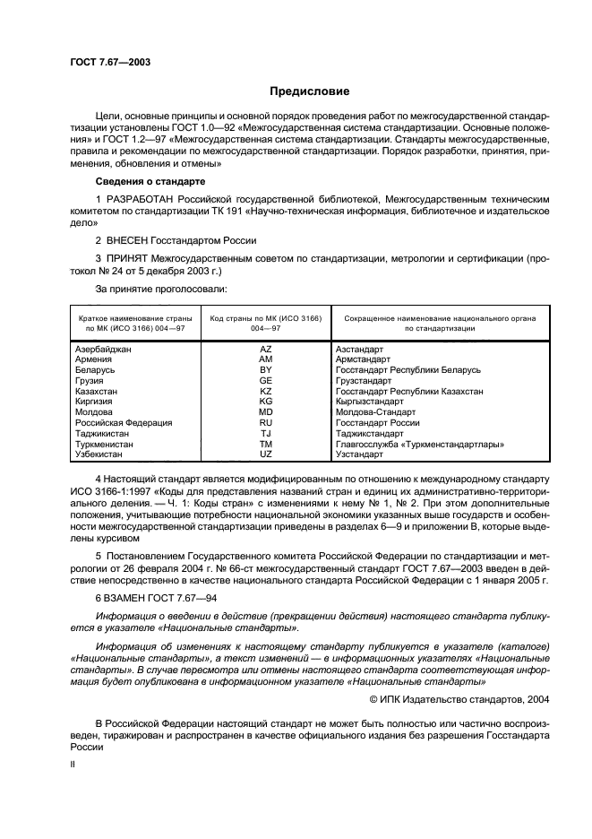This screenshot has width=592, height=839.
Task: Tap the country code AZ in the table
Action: pyautogui.click(x=265, y=349)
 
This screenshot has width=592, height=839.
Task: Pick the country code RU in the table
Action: pyautogui.click(x=265, y=422)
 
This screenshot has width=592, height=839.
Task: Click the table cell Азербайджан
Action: pyautogui.click(x=104, y=349)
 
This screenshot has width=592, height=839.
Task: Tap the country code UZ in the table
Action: pyautogui.click(x=265, y=454)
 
